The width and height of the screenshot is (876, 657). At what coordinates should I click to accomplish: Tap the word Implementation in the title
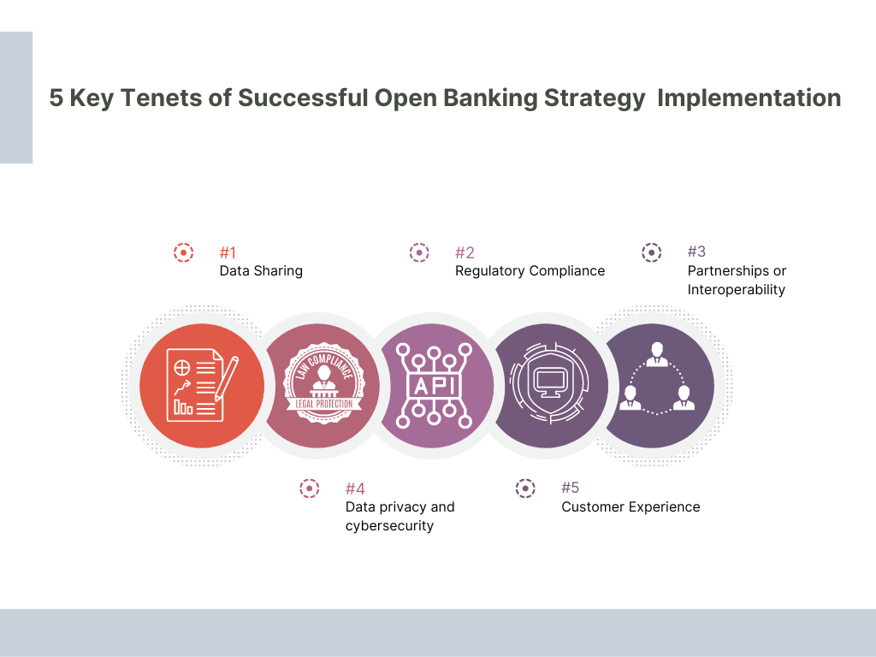pos(749,98)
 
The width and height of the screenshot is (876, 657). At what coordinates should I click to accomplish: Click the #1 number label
pos(228,252)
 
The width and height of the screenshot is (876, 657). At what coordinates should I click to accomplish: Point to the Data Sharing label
pos(261,271)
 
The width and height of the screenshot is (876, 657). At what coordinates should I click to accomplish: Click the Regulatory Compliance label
pos(530,271)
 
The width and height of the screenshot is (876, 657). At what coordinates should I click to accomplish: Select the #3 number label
pos(696,252)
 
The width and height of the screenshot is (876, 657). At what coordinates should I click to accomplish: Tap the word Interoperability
pos(736,290)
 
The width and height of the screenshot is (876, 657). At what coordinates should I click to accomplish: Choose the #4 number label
pos(355,488)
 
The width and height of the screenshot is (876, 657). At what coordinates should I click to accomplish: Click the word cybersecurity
pos(389,525)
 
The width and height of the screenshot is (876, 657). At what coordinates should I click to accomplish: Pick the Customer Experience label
pos(630,507)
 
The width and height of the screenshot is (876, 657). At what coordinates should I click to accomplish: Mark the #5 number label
pos(571,488)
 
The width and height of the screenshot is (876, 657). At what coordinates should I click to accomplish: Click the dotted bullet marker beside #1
pos(183,252)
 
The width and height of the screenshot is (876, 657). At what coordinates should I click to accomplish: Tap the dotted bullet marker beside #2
pos(418,252)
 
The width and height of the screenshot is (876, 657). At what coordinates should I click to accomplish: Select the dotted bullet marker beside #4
pos(309,488)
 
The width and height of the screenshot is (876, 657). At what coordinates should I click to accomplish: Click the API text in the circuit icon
pos(434,386)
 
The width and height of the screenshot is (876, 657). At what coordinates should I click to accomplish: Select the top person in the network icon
pos(657,352)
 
